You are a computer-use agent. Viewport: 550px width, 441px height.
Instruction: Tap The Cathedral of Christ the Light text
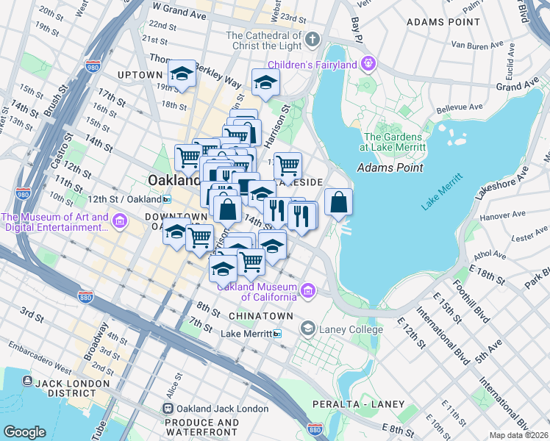click(264, 41)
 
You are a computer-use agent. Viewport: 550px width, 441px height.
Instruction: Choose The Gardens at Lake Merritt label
click(394, 142)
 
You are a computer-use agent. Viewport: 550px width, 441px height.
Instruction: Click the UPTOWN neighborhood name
click(139, 75)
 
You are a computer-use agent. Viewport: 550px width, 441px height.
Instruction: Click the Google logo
click(24, 431)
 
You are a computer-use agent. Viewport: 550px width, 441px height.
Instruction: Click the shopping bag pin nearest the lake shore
click(337, 203)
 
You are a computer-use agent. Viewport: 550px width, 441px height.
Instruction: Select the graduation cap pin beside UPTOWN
click(182, 74)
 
